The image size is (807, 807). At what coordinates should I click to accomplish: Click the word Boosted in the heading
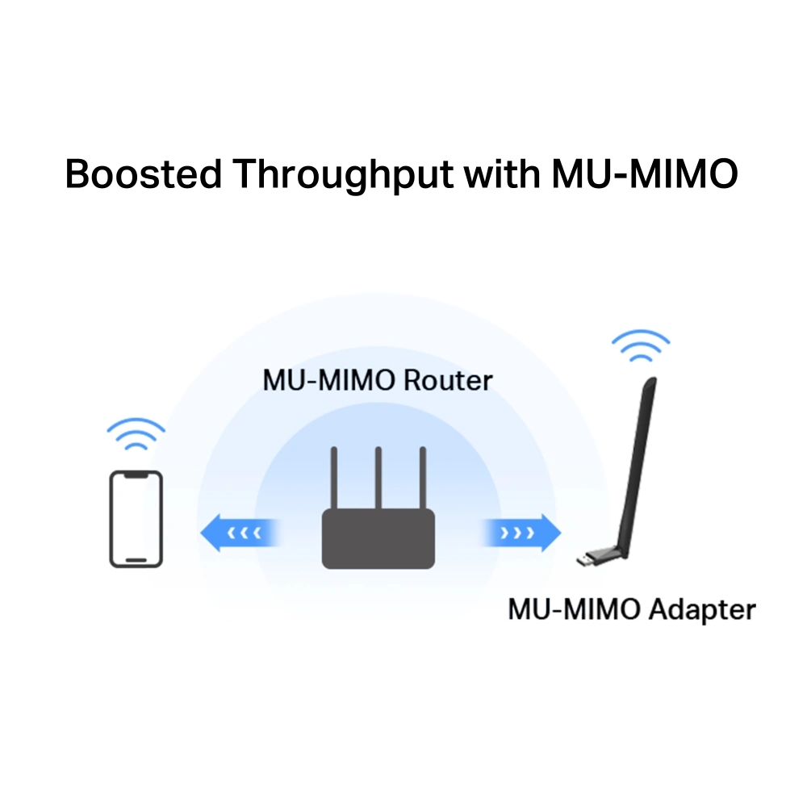143,174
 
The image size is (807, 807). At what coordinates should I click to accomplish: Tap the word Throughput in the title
343,175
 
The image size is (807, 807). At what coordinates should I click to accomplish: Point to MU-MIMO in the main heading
645,174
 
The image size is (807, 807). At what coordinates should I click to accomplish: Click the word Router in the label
448,381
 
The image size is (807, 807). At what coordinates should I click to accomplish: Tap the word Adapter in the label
702,610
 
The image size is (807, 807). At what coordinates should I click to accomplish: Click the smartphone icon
136,519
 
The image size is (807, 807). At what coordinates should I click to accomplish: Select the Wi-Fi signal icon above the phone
136,433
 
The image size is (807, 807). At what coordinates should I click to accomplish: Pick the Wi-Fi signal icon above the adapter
641,345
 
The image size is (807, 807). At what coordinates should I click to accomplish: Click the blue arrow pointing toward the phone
240,533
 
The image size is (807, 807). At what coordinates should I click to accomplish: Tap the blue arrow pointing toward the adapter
521,533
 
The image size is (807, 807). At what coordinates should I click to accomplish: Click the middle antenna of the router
378,478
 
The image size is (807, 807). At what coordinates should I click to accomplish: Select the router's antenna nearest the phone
334,478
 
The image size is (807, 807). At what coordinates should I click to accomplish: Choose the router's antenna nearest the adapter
423,478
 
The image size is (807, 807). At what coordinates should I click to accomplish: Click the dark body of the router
378,539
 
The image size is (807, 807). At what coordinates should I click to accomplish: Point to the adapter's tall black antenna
638,466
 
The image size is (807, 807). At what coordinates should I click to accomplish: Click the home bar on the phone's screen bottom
136,560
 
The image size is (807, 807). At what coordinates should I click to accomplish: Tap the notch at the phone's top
136,476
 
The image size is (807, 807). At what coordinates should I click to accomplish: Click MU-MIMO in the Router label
329,381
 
